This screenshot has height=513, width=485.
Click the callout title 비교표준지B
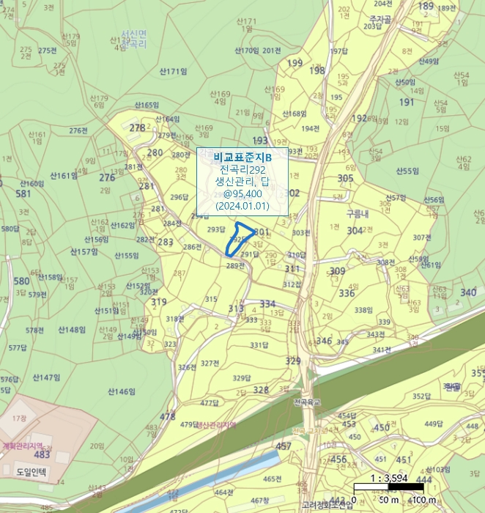pyautogui.click(x=242, y=157)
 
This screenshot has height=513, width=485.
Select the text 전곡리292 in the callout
pyautogui.click(x=242, y=169)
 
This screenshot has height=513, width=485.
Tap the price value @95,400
pyautogui.click(x=242, y=193)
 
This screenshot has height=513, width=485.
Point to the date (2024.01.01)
pyautogui.click(x=242, y=206)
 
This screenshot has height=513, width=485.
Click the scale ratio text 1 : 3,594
pyautogui.click(x=388, y=479)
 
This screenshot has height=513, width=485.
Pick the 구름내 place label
pyautogui.click(x=358, y=213)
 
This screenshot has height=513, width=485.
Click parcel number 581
pyautogui.click(x=23, y=193)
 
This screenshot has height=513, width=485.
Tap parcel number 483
pyautogui.click(x=42, y=454)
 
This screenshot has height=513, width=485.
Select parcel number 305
pyautogui.click(x=346, y=178)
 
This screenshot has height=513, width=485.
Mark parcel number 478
pyautogui.click(x=168, y=416)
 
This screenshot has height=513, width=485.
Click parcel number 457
pyautogui.click(x=284, y=446)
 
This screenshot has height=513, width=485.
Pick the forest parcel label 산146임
pyautogui.click(x=122, y=391)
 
